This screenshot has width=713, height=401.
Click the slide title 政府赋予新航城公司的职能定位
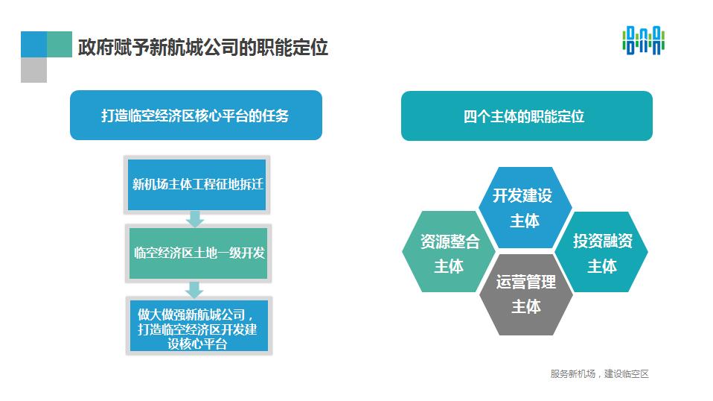(x=202, y=48)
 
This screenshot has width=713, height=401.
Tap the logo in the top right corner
(x=644, y=40)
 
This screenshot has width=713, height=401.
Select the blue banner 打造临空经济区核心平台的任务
(x=196, y=115)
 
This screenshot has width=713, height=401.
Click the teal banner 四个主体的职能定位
(x=527, y=116)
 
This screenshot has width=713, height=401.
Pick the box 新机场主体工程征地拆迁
(x=197, y=185)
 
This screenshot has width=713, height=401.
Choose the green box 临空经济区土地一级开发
(x=198, y=253)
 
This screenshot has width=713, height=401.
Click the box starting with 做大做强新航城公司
(x=199, y=326)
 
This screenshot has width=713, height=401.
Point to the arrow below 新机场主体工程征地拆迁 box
(x=195, y=219)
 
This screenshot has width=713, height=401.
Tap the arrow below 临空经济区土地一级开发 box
(x=194, y=289)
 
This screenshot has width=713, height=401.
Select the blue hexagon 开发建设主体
(x=525, y=207)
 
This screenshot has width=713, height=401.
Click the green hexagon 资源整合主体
(x=450, y=251)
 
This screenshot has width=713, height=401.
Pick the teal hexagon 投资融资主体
(x=601, y=252)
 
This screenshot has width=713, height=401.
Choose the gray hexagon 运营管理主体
(x=526, y=294)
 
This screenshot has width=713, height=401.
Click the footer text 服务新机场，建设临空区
(x=599, y=373)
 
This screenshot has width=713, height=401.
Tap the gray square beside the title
(x=33, y=70)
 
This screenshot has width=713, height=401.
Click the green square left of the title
(x=60, y=44)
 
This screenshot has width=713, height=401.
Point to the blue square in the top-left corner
(x=33, y=44)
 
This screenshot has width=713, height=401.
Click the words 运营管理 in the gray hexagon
(x=526, y=282)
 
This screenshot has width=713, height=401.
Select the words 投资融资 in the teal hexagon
(x=603, y=240)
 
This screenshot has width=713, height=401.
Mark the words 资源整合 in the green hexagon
(x=450, y=241)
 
